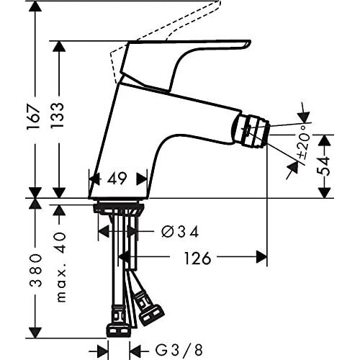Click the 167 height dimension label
[x=33, y=117]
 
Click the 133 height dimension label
[x=58, y=115]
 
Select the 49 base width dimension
[x=117, y=179]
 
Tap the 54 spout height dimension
[x=324, y=166]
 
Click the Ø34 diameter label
[x=180, y=232]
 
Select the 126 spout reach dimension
[x=197, y=258]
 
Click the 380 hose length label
[x=36, y=271]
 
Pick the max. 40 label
[x=61, y=267]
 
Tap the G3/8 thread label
[x=179, y=350]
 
